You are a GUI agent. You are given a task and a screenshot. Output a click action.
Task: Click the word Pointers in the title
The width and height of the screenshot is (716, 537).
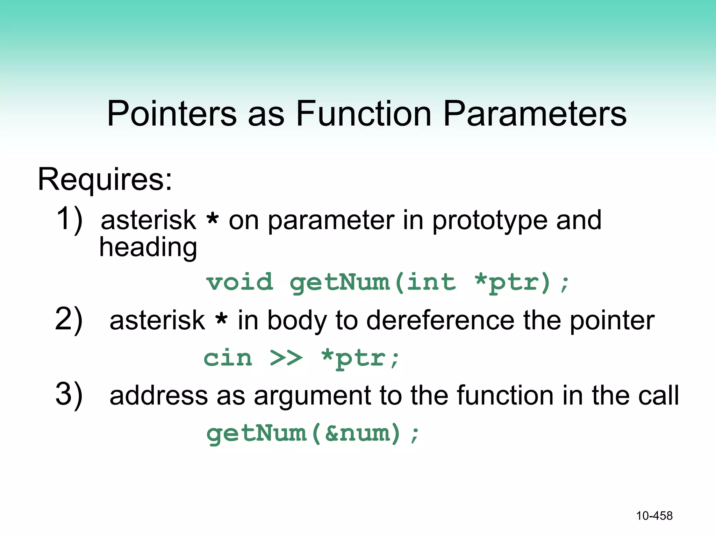click(172, 114)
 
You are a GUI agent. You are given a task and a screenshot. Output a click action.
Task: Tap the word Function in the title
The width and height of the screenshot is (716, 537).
click(364, 114)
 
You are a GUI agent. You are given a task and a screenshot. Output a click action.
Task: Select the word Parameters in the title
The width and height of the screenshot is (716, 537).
click(535, 114)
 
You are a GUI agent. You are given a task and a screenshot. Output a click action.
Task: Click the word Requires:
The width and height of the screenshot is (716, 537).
click(105, 180)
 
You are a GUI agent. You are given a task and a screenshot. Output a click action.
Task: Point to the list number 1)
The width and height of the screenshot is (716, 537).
click(69, 219)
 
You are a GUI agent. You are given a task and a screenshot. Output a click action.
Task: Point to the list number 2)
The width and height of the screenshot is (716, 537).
click(69, 319)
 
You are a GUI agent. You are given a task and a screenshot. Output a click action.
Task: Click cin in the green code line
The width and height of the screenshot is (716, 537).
click(228, 358)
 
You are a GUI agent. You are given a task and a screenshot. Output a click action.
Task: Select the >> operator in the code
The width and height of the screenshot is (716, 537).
click(286, 358)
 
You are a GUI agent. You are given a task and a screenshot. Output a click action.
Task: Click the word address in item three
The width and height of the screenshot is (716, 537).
click(159, 396)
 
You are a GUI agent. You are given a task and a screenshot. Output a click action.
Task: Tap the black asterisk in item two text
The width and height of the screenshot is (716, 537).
click(221, 319)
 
